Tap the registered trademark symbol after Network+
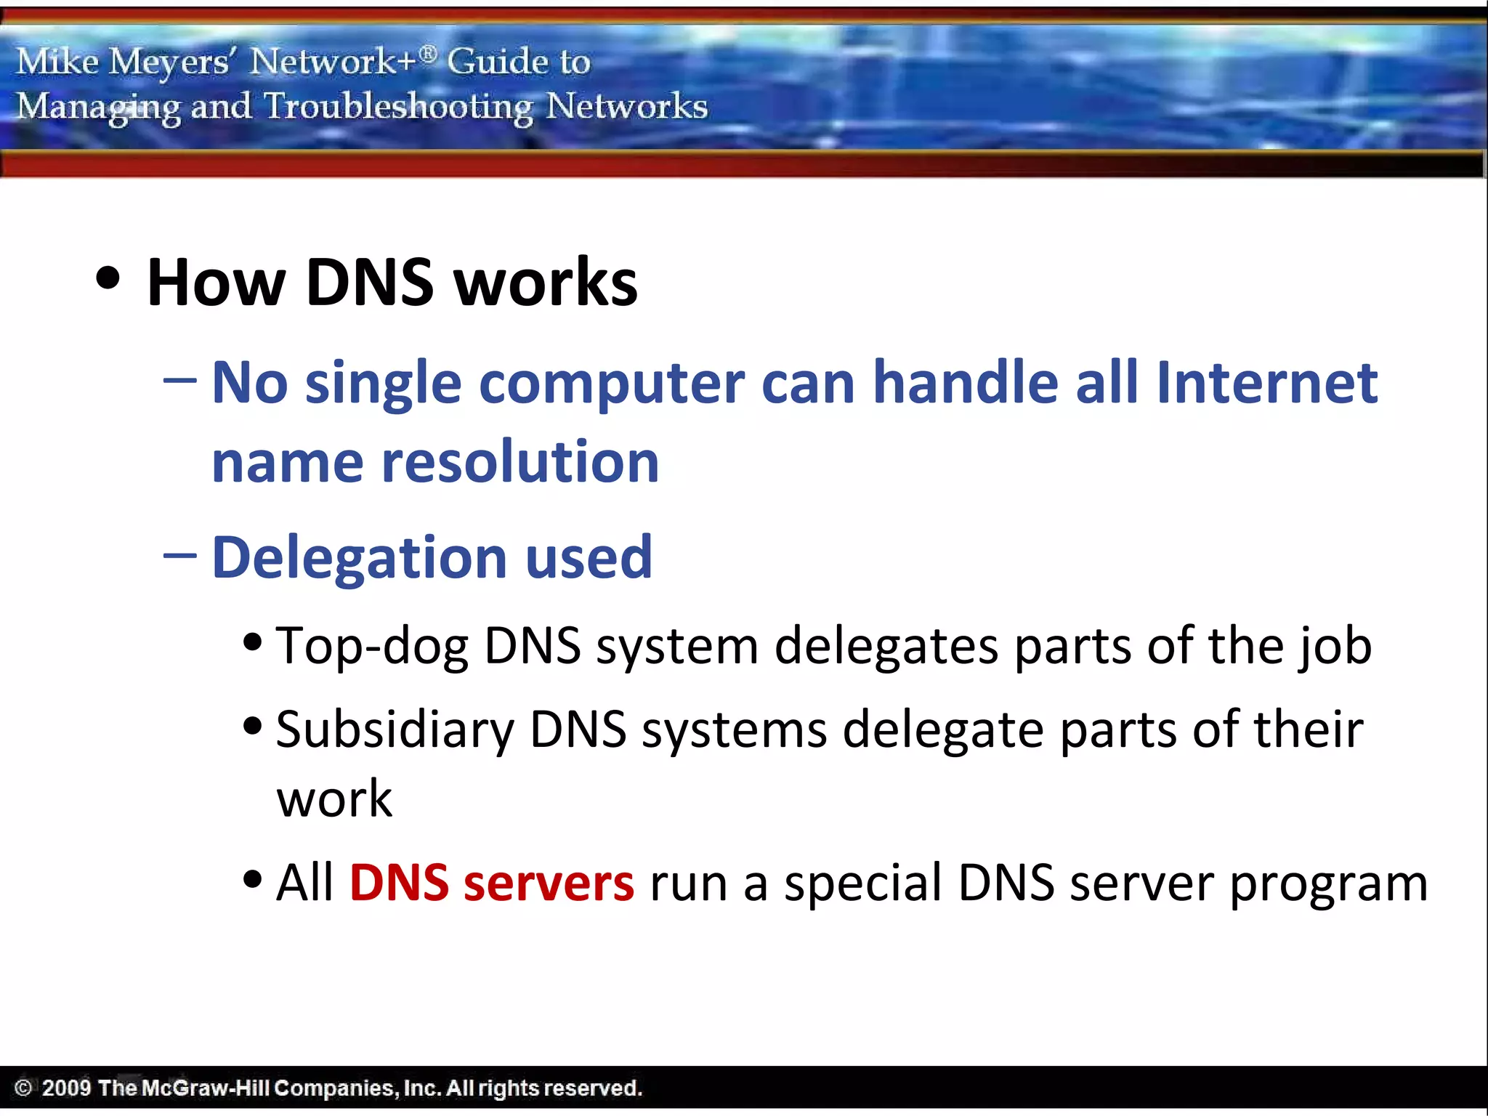click(429, 53)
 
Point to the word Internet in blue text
click(1266, 383)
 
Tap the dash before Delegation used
click(179, 556)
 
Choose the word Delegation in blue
click(359, 558)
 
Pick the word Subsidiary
click(395, 729)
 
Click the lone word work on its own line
click(334, 798)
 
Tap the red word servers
click(549, 883)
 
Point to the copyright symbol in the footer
click(23, 1088)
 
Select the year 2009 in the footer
click(66, 1088)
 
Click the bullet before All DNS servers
click(252, 879)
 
